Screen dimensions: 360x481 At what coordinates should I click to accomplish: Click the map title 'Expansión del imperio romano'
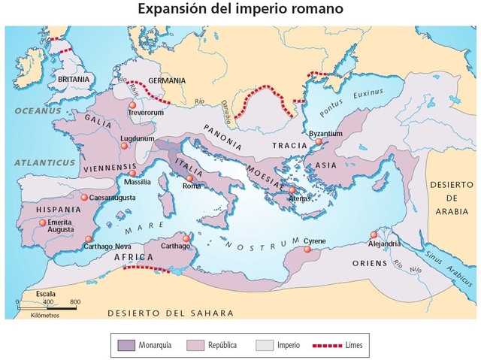click(240, 10)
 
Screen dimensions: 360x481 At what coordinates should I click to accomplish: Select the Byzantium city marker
click(319, 141)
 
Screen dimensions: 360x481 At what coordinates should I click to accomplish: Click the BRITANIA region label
click(74, 79)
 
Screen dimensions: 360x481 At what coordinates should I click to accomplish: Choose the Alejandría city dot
click(374, 234)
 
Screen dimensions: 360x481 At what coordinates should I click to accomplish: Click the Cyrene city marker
click(307, 249)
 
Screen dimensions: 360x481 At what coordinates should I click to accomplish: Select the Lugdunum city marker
click(124, 147)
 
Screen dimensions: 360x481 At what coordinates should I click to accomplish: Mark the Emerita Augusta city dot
click(42, 222)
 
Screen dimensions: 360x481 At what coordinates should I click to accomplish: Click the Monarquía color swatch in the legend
click(127, 345)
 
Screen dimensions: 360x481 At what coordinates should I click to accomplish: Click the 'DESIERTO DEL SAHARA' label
click(170, 313)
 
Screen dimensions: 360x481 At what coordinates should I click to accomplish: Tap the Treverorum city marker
click(132, 105)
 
